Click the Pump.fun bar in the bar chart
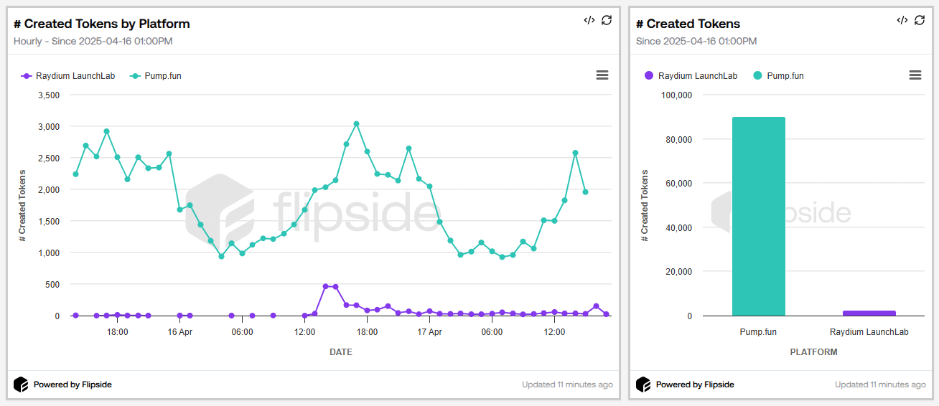click(x=758, y=216)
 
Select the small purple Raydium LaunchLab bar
click(x=869, y=313)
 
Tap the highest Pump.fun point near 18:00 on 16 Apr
click(x=356, y=124)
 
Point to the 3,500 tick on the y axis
click(x=48, y=95)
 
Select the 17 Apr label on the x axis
click(x=429, y=332)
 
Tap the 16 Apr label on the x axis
click(x=179, y=332)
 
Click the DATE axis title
click(x=340, y=352)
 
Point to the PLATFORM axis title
click(x=813, y=352)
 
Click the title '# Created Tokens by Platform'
click(x=101, y=24)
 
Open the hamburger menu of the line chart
click(x=602, y=75)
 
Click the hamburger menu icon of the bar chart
click(x=915, y=75)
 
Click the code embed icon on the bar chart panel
click(x=902, y=20)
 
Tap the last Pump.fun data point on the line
click(x=586, y=192)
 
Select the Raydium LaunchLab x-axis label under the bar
click(x=869, y=332)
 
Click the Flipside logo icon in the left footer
click(x=21, y=384)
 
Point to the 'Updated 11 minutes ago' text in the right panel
click(x=880, y=384)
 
